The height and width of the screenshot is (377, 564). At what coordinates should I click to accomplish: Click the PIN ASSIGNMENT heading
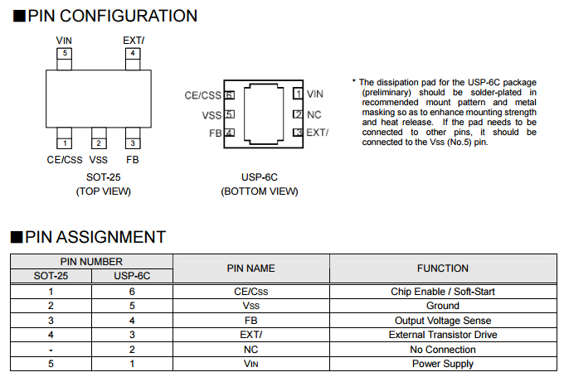coord(95,237)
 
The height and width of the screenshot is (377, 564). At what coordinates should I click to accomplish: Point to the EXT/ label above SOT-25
coord(133,40)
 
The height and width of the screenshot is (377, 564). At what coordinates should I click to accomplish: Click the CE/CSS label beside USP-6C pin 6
coord(202,96)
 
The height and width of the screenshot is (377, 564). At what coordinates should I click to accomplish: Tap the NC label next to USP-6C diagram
coord(314,114)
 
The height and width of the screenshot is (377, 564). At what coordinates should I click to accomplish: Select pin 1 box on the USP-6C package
coord(298,95)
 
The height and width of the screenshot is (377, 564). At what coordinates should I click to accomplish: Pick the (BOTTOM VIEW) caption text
coord(260,191)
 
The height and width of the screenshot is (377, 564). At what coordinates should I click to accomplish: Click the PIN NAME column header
coord(250,268)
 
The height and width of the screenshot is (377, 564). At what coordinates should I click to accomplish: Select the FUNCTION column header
coord(442,268)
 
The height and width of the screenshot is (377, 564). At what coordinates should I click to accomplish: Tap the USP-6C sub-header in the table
coord(132,276)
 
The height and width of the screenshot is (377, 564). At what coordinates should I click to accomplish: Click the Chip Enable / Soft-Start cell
coord(442,292)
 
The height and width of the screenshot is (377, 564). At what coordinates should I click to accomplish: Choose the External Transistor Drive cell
coord(442,335)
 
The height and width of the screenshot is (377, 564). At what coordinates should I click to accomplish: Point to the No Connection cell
coord(442,349)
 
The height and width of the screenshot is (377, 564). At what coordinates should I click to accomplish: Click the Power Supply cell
coord(442,364)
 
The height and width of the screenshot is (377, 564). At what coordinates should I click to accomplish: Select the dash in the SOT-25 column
coord(51,349)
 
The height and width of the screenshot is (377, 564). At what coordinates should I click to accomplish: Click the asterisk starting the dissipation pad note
coord(354,82)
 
